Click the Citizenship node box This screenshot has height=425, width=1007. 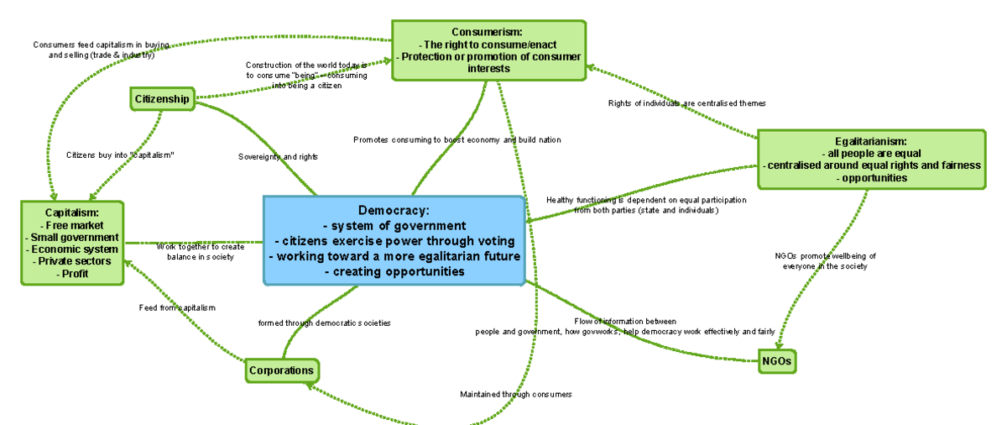point(162,99)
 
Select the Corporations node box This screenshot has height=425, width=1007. point(281,370)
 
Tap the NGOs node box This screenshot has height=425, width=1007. point(776,362)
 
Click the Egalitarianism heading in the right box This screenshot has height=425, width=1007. point(871,141)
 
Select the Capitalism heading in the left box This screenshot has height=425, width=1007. point(72,212)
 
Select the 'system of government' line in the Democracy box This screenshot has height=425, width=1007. point(394,225)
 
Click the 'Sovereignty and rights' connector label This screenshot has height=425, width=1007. point(278,156)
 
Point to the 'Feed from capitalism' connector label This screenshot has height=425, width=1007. point(177,307)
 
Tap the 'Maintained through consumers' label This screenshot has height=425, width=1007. point(516,394)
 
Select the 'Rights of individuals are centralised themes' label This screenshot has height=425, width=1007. point(686,103)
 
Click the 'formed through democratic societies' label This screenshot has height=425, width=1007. point(324,323)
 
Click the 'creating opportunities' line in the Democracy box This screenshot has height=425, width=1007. point(394,271)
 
